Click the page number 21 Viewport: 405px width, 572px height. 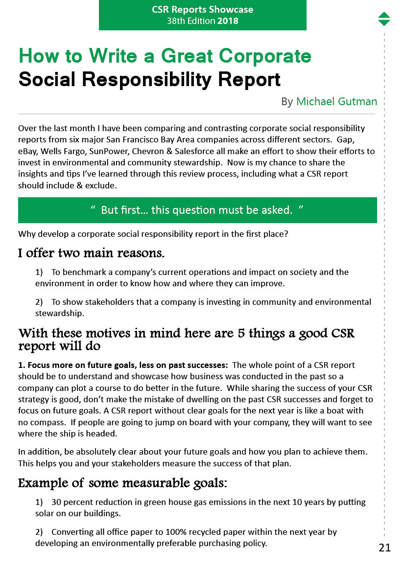pos(384,548)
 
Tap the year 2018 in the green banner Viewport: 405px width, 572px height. pos(228,21)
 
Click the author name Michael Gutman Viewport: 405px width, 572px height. pos(336,101)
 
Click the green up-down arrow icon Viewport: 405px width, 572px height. pos(384,19)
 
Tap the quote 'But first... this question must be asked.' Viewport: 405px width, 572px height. pos(197,210)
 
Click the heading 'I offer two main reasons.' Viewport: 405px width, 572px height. pos(91,253)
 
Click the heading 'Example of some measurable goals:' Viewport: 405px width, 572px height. pos(122,483)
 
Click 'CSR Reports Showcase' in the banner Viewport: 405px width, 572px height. pos(202,10)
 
